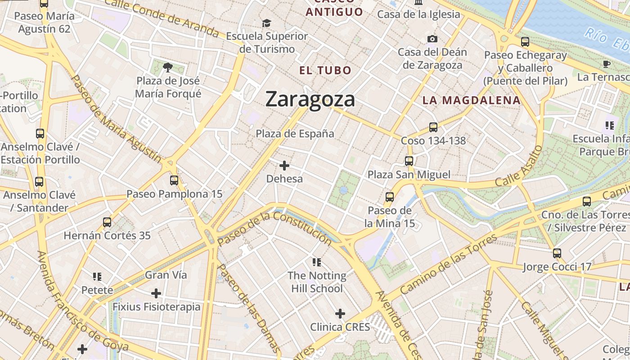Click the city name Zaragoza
coord(310,99)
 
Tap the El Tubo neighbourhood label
coord(325,70)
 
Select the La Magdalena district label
coord(471,100)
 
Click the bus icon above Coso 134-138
coord(433,127)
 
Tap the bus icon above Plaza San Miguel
coord(409,161)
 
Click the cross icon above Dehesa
coord(284,166)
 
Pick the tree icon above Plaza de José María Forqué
coord(168,68)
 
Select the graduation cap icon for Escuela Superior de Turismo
coord(267,23)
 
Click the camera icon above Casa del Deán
coord(432,39)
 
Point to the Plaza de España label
coord(295,134)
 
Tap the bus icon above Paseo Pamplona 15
coord(174,180)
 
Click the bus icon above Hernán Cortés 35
coord(107,222)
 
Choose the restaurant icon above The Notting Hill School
coord(317,262)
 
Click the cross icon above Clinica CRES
coord(340,313)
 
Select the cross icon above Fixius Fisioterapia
coord(156,293)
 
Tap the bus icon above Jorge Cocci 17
coord(557,253)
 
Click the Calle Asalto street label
coord(517,167)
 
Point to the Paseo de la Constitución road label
coord(274,229)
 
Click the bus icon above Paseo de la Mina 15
coord(390,197)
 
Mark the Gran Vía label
coord(166,275)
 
